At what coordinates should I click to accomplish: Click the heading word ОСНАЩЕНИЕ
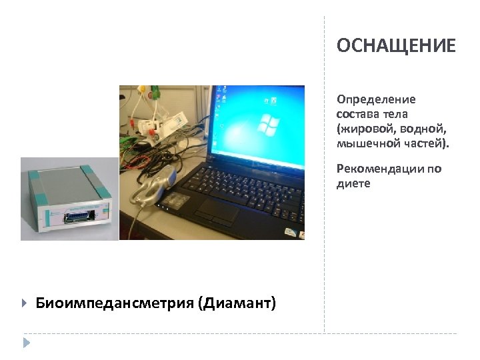pyautogui.click(x=396, y=46)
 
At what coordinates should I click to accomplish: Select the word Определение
pyautogui.click(x=376, y=100)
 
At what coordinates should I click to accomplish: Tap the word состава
pyautogui.click(x=359, y=114)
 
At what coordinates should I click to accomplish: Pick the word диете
pyautogui.click(x=353, y=183)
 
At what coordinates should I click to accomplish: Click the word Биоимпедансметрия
pyautogui.click(x=113, y=304)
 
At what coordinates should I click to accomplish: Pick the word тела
pyautogui.click(x=402, y=114)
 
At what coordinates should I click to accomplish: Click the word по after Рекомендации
pyautogui.click(x=435, y=169)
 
